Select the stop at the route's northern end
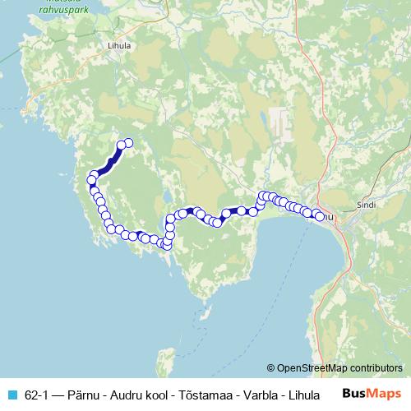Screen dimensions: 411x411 point(128,143)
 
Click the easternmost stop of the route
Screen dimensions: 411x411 point(319,216)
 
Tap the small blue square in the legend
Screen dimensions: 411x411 point(11,395)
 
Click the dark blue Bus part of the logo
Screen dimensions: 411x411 point(355,394)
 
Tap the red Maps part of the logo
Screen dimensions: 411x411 point(385,394)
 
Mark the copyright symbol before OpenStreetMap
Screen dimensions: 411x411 point(271,368)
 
